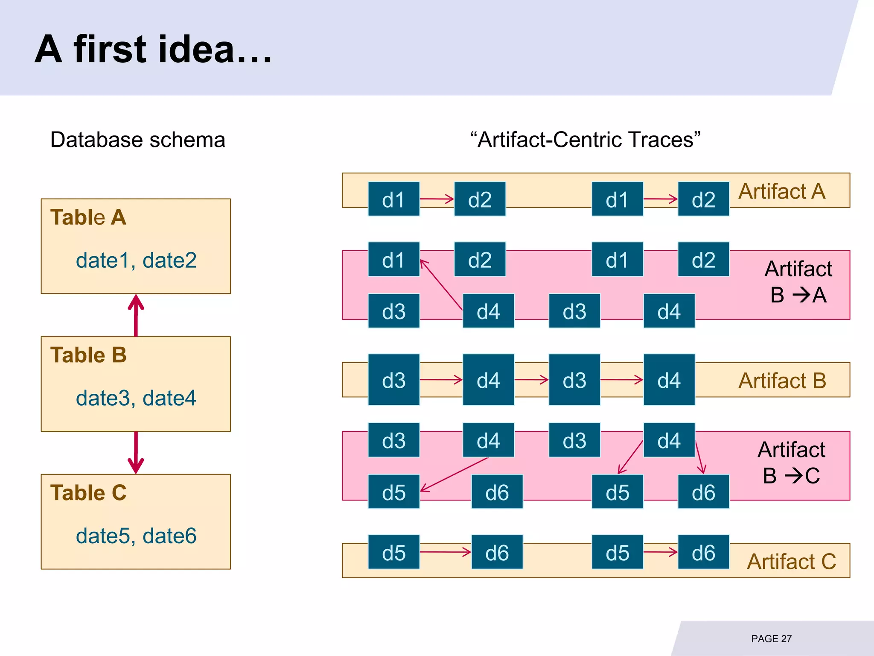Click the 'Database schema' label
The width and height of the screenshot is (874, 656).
click(137, 140)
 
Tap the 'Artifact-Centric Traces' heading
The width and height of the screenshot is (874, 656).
click(585, 140)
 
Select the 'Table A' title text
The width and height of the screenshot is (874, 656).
click(88, 217)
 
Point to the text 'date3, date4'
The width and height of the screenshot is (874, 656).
click(136, 398)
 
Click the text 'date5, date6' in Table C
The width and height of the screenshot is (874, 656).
click(136, 536)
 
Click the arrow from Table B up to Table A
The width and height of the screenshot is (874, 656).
click(136, 315)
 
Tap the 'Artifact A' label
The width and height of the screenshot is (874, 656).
click(782, 191)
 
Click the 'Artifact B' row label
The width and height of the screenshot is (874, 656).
click(782, 381)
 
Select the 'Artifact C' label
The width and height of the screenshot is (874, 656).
click(791, 562)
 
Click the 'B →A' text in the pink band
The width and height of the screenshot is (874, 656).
click(798, 295)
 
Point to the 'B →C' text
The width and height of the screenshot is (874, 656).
click(791, 476)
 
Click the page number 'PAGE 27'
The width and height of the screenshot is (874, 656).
click(771, 639)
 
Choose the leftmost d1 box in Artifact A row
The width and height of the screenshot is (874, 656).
click(393, 199)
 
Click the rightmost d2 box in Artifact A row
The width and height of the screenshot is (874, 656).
click(703, 199)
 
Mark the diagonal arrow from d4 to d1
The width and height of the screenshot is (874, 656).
click(441, 284)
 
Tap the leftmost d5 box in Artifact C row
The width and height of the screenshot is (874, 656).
click(393, 552)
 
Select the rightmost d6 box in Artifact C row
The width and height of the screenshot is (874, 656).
click(703, 552)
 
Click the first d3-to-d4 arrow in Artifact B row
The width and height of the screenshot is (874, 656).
click(441, 380)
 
